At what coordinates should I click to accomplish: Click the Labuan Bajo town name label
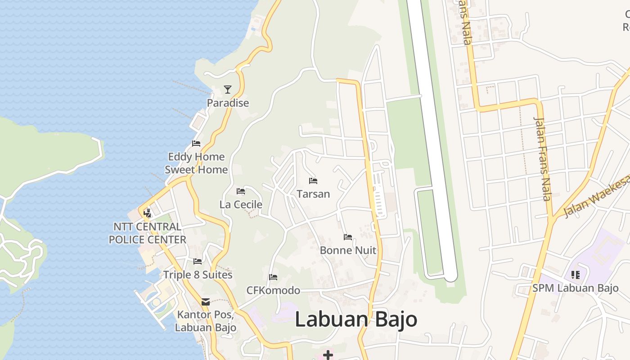click(356, 319)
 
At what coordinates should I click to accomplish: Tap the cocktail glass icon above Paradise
click(228, 90)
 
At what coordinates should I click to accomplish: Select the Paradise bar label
click(228, 103)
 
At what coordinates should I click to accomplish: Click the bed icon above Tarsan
click(313, 181)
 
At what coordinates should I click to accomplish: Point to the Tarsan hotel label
click(313, 194)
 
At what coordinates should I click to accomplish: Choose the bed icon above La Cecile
click(241, 191)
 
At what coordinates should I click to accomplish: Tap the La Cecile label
click(241, 205)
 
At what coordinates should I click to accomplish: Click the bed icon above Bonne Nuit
click(348, 237)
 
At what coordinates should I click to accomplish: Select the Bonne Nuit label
click(348, 250)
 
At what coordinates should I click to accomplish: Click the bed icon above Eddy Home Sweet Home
click(196, 144)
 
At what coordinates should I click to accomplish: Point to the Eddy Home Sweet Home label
click(196, 163)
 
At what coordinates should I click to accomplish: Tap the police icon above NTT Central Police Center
click(147, 213)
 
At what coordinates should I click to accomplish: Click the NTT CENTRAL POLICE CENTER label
click(147, 233)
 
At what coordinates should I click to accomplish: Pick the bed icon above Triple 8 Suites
click(198, 261)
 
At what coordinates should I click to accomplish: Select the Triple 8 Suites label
click(198, 275)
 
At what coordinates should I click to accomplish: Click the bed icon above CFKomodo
click(273, 277)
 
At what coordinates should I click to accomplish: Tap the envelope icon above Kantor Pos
click(206, 302)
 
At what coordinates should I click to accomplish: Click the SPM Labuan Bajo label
click(575, 288)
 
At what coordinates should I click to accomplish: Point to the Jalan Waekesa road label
click(596, 198)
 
